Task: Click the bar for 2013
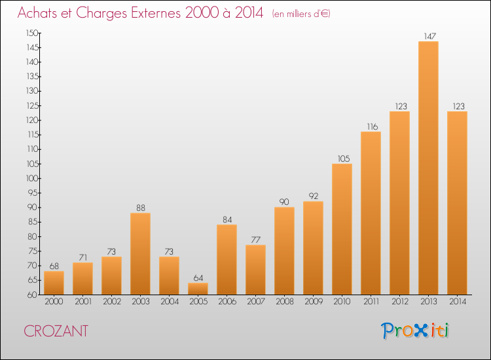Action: pos(428,168)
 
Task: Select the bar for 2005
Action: pos(198,289)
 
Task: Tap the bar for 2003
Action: pos(140,253)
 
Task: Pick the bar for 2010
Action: pos(342,229)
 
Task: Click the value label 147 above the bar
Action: pos(429,36)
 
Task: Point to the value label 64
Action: pos(198,278)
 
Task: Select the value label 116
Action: pos(373,127)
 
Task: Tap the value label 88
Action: pos(141,208)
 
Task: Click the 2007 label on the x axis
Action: pos(256,302)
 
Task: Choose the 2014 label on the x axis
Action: pos(458,302)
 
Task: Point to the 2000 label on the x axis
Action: pos(54,302)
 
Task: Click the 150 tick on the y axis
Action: pos(32,33)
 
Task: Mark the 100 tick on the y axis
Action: pos(32,179)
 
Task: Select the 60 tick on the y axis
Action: pos(32,295)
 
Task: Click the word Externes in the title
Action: pos(156,12)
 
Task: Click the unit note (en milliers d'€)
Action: pos(301,14)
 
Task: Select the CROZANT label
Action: pos(56,331)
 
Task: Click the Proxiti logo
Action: pos(415,331)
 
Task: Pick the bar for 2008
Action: pos(284,251)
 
